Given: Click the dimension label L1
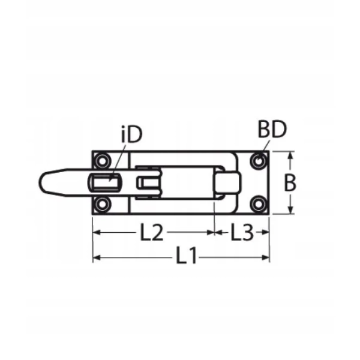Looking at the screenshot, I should tap(187, 257).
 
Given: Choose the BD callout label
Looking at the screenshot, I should tap(272, 130).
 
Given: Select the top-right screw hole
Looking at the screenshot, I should tap(259, 161).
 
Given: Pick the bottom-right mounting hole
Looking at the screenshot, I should tap(259, 203).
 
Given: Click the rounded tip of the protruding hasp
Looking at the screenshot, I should tap(46, 182).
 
